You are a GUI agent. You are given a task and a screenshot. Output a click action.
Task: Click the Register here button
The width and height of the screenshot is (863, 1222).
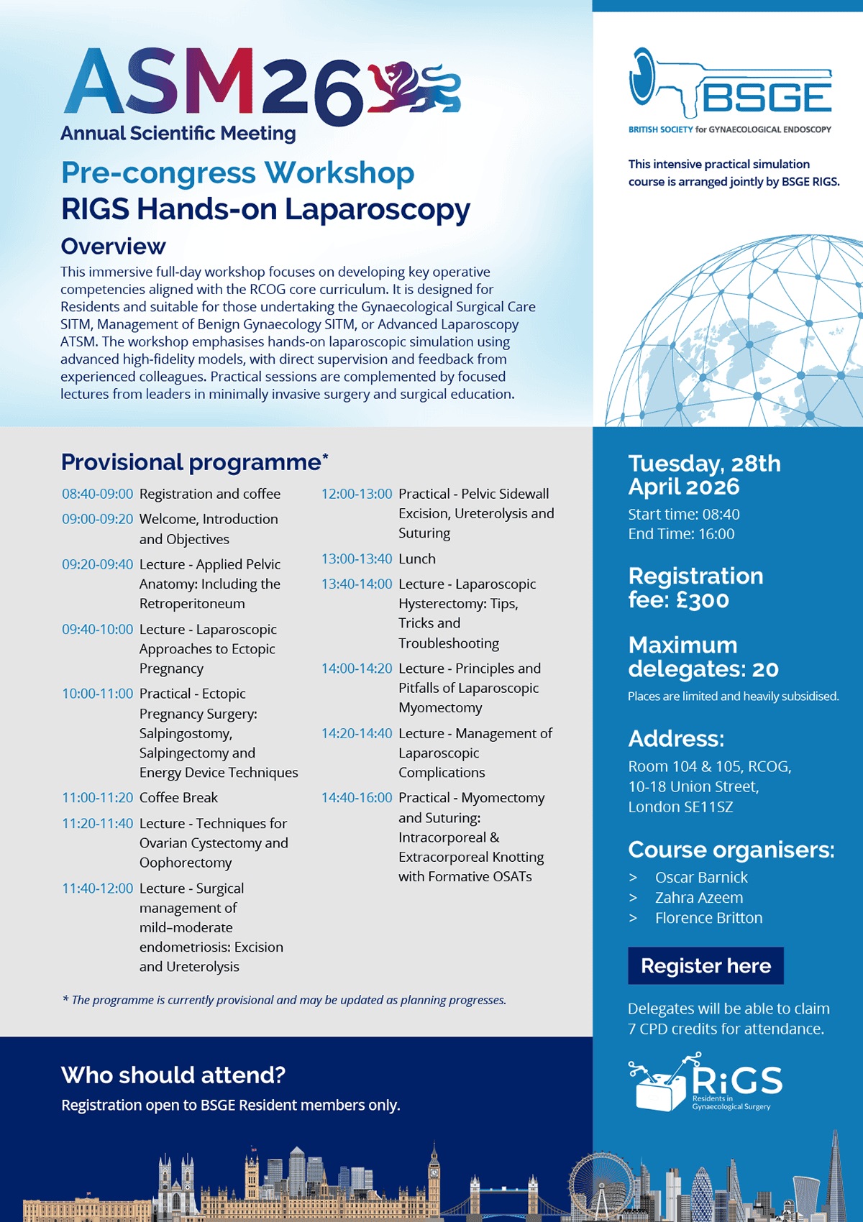[706, 965]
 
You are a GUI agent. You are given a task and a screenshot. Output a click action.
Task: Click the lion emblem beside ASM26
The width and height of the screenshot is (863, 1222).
[414, 89]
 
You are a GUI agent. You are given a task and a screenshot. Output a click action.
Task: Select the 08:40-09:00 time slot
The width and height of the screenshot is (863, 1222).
[97, 494]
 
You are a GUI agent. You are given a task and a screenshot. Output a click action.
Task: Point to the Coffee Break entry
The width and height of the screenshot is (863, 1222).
[178, 798]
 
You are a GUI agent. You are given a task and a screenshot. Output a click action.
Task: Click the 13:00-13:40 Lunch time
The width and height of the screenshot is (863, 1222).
[357, 559]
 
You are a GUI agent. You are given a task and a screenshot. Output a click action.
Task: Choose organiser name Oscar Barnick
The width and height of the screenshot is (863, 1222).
[701, 877]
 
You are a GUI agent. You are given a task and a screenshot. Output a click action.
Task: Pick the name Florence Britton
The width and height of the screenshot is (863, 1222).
[708, 918]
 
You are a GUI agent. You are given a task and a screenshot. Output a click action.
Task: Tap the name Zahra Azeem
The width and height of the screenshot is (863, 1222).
[699, 897]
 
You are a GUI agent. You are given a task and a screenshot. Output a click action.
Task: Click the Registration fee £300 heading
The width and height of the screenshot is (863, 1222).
[695, 587]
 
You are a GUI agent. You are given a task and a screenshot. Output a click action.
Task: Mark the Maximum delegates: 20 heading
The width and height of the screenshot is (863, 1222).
[703, 656]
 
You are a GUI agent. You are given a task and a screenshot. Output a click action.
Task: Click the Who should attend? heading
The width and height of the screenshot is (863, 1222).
[173, 1075]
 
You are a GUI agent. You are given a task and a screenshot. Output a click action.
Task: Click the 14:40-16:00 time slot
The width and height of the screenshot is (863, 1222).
[357, 798]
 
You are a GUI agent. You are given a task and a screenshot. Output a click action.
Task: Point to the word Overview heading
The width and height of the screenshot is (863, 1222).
[113, 247]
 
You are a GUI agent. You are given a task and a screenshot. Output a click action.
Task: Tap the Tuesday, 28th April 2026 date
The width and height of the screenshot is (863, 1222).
[704, 474]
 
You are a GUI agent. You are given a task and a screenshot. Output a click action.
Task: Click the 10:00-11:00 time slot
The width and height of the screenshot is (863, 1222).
[97, 694]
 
